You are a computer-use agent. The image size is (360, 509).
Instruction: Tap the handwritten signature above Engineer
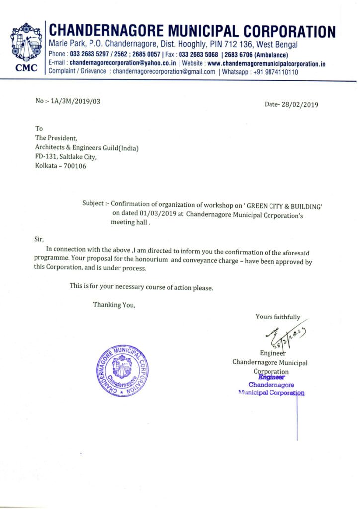pos(284,337)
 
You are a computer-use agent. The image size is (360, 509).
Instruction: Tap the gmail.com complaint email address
pos(164,72)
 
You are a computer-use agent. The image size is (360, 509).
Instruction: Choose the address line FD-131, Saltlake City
pos(66,156)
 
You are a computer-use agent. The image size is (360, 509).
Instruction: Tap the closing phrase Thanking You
pos(114,305)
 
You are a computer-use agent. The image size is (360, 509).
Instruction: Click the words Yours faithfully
pos(278,317)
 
